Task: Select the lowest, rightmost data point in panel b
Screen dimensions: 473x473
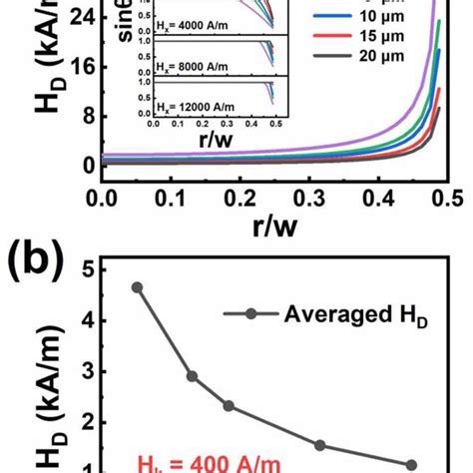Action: pyautogui.click(x=411, y=465)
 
